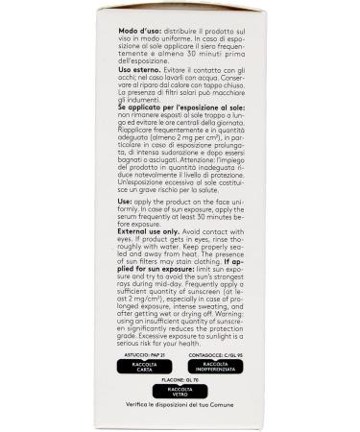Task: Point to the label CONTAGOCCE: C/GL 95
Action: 222,354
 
